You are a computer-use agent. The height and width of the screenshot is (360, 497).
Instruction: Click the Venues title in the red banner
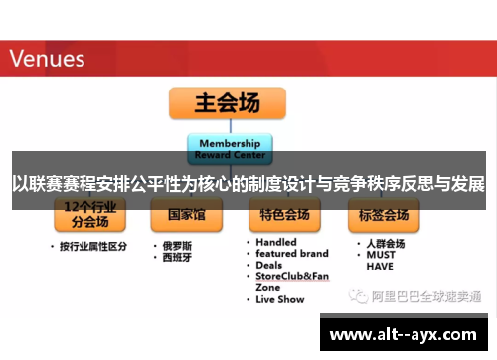[x=48, y=58]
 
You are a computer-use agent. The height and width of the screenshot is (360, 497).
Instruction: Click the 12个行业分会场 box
[x=89, y=215]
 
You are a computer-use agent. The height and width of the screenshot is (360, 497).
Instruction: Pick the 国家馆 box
[x=186, y=215]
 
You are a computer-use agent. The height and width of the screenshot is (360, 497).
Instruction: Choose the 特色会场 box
[x=285, y=215]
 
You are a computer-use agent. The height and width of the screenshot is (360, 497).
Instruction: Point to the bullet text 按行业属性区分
[x=93, y=246]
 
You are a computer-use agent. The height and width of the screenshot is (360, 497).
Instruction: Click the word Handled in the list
[x=275, y=242]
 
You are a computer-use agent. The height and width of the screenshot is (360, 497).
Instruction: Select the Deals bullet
[x=268, y=266]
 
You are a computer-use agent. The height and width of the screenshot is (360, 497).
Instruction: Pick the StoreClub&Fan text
[x=292, y=276]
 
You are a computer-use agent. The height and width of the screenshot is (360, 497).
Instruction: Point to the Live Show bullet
[x=279, y=299]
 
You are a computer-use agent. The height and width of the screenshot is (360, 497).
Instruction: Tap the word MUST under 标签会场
[x=380, y=254]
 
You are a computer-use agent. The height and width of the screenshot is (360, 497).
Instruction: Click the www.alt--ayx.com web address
[x=406, y=335]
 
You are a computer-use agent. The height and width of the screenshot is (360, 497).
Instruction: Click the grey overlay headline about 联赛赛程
[x=248, y=184]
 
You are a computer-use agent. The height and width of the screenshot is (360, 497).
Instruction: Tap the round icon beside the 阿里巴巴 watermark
[x=355, y=296]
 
